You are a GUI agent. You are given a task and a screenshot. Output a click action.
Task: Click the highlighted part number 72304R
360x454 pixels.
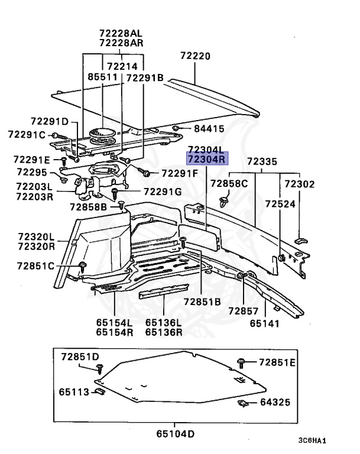[x=206, y=160]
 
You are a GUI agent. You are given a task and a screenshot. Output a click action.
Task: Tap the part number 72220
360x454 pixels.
[x=195, y=56]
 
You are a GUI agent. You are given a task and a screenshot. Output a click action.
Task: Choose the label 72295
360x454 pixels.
[x=31, y=172]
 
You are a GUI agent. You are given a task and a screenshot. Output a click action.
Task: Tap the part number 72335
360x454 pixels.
[x=262, y=161]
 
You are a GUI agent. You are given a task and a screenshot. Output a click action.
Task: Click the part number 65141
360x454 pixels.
[x=264, y=323]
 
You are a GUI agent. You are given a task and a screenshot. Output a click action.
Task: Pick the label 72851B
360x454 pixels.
[x=201, y=301]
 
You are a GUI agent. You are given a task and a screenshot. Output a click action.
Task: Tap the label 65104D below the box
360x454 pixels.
[x=175, y=433]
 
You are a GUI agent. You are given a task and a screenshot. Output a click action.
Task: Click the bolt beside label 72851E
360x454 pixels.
[x=242, y=362]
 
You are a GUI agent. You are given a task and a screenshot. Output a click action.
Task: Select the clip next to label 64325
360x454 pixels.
[x=242, y=404]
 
